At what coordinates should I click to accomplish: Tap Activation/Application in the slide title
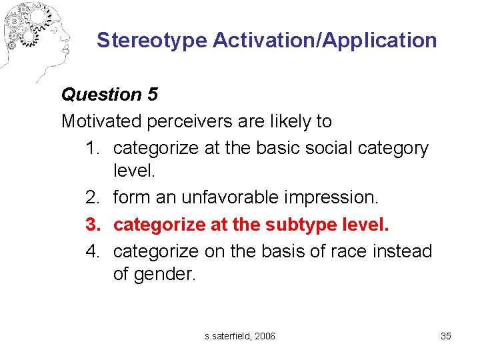click(325, 41)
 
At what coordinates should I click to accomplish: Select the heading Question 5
click(109, 95)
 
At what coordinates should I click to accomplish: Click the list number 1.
click(92, 147)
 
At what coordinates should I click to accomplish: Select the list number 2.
click(92, 198)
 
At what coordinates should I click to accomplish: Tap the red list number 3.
click(92, 224)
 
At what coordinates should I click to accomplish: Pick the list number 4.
click(92, 251)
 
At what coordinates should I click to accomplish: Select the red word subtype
click(303, 224)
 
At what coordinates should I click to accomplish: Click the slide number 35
click(446, 336)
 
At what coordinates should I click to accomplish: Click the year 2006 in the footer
click(265, 336)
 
